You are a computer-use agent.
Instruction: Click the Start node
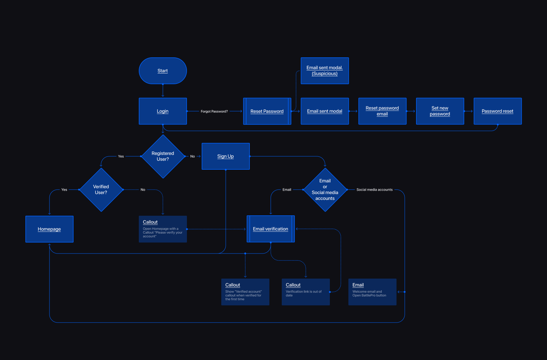[x=163, y=71]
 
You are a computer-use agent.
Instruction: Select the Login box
[x=163, y=111]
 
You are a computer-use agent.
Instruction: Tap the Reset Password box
[x=267, y=111]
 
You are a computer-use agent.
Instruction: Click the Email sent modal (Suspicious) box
[x=325, y=71]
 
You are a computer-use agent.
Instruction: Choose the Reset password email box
[x=382, y=111]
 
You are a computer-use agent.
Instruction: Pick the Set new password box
[x=440, y=111]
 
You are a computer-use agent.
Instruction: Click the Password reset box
[x=498, y=111]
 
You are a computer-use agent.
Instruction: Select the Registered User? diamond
[x=163, y=156]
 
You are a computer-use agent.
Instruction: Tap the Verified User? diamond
[x=101, y=190]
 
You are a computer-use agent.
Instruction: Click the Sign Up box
[x=225, y=156]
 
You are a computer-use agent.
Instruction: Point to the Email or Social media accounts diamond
[x=325, y=190]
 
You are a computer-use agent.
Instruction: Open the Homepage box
[x=49, y=229]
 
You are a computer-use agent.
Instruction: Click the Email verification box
[x=270, y=229]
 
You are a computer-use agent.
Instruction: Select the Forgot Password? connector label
[x=214, y=111]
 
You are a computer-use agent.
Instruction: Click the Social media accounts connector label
[x=375, y=190]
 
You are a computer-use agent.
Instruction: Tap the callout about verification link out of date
[x=305, y=292]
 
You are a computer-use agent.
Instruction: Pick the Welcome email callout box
[x=372, y=292]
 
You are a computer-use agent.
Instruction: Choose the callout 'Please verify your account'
[x=163, y=229]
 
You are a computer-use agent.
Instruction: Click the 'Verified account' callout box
[x=245, y=292]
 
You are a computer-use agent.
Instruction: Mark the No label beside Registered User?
[x=192, y=156]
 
